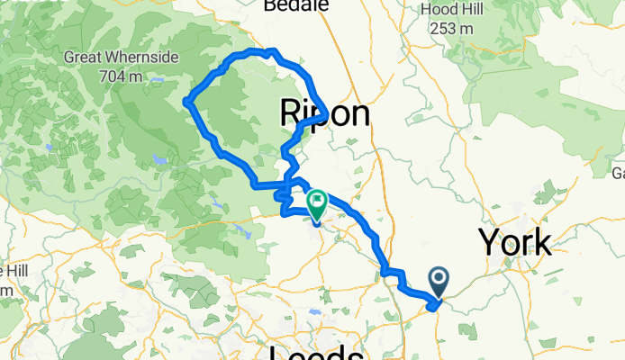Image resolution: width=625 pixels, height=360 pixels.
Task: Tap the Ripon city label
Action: pyautogui.click(x=324, y=113)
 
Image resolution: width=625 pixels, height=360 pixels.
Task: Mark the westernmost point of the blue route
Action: pyautogui.click(x=186, y=102)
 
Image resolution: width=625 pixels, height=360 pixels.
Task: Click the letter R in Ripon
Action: pyautogui.click(x=292, y=113)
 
